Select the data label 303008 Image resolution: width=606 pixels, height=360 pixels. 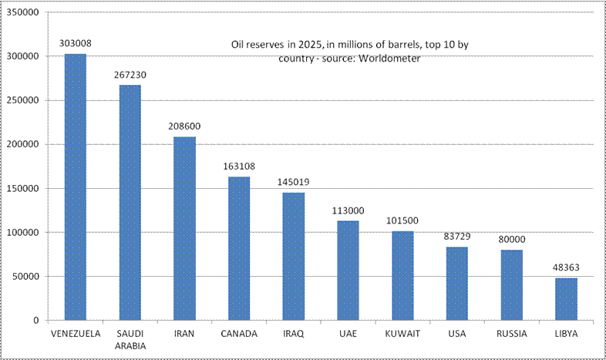[x=75, y=44]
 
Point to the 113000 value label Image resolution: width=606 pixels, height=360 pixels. [x=348, y=210]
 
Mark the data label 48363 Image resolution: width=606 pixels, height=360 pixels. [x=566, y=267]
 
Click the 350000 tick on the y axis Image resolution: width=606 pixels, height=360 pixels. [x=24, y=12]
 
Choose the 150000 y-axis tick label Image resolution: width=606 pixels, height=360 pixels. [x=24, y=188]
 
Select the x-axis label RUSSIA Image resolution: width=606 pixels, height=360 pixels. [x=511, y=334]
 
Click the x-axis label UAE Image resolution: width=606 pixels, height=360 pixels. [x=348, y=334]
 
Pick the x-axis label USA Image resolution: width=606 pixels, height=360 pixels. [x=456, y=334]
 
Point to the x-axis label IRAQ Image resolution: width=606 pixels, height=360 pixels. [x=293, y=334]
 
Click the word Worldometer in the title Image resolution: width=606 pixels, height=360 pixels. [x=389, y=59]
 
